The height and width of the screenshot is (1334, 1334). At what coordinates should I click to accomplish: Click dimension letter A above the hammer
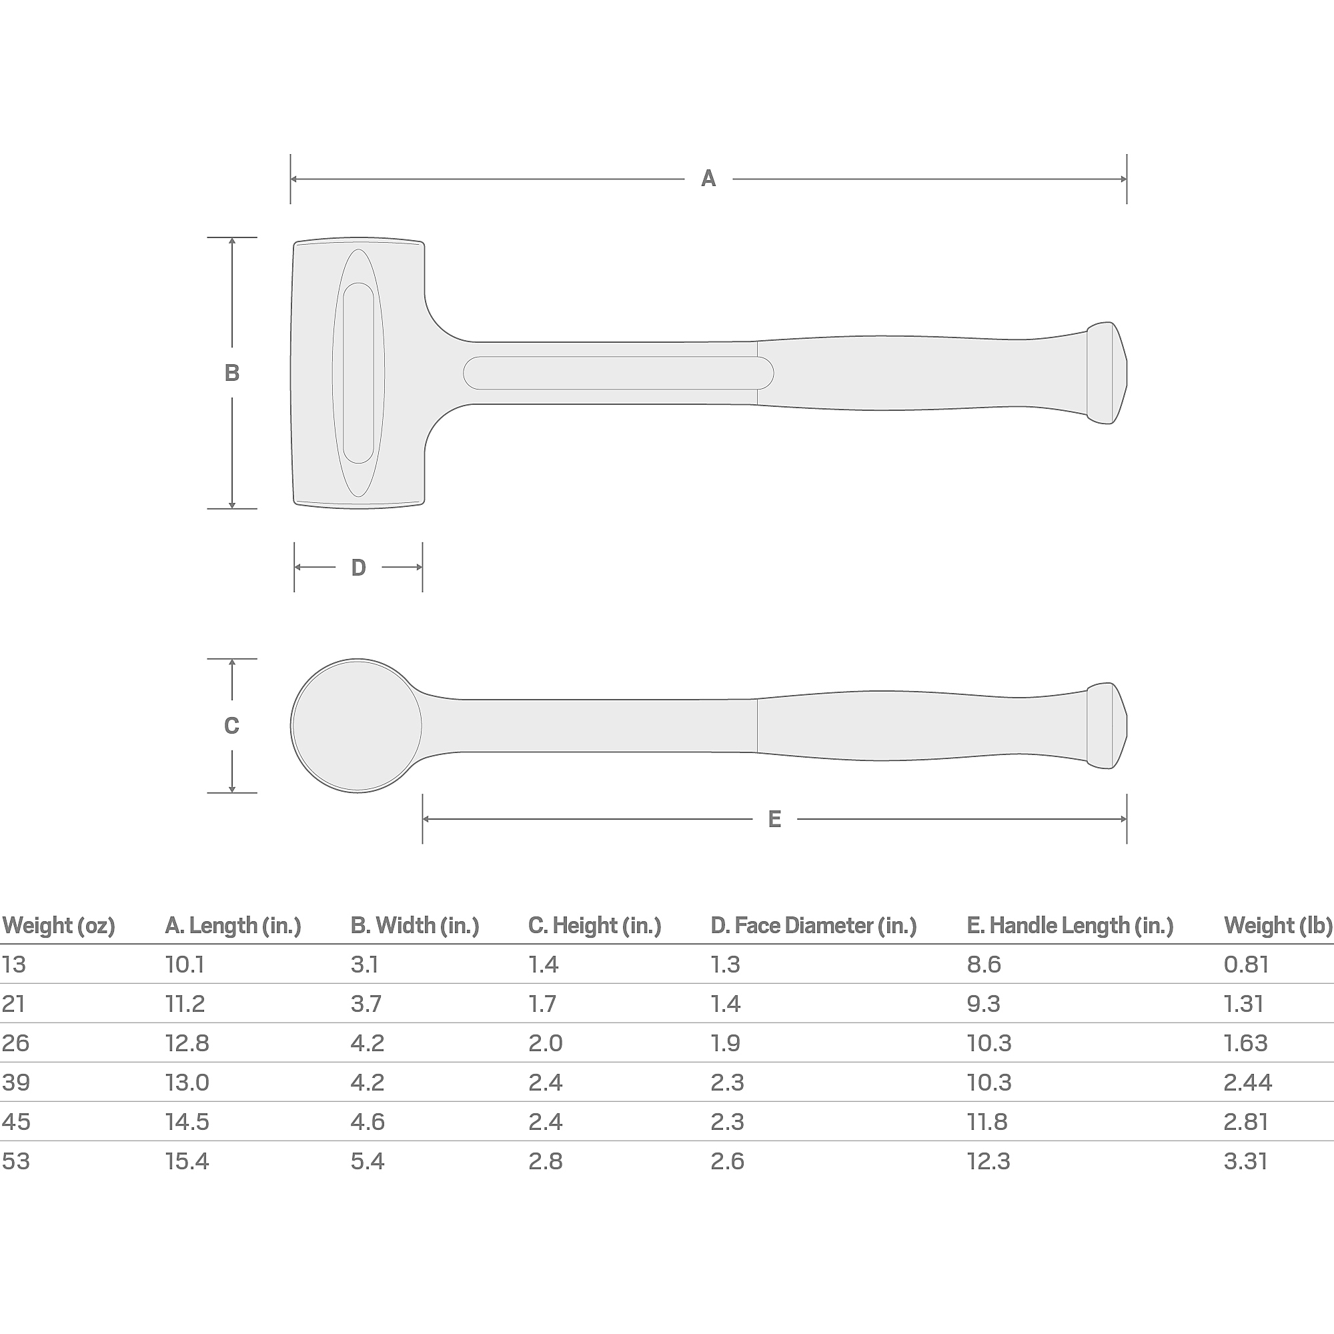point(708,179)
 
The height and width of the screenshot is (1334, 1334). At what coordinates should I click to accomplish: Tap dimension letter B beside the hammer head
point(232,373)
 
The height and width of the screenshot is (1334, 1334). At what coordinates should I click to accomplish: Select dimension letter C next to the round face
point(232,726)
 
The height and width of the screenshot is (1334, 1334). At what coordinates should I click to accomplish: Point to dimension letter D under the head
point(358,568)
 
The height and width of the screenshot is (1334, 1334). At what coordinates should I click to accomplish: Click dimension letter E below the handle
point(774,820)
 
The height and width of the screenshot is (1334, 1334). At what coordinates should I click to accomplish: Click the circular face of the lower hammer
point(357,726)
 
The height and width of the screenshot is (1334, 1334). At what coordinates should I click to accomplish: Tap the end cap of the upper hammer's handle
point(1107,373)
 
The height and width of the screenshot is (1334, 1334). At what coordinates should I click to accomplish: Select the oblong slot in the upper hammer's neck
point(618,373)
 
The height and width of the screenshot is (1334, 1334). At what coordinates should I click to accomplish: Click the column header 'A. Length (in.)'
point(233,925)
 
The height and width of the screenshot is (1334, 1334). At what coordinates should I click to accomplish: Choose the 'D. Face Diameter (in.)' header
point(813,925)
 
